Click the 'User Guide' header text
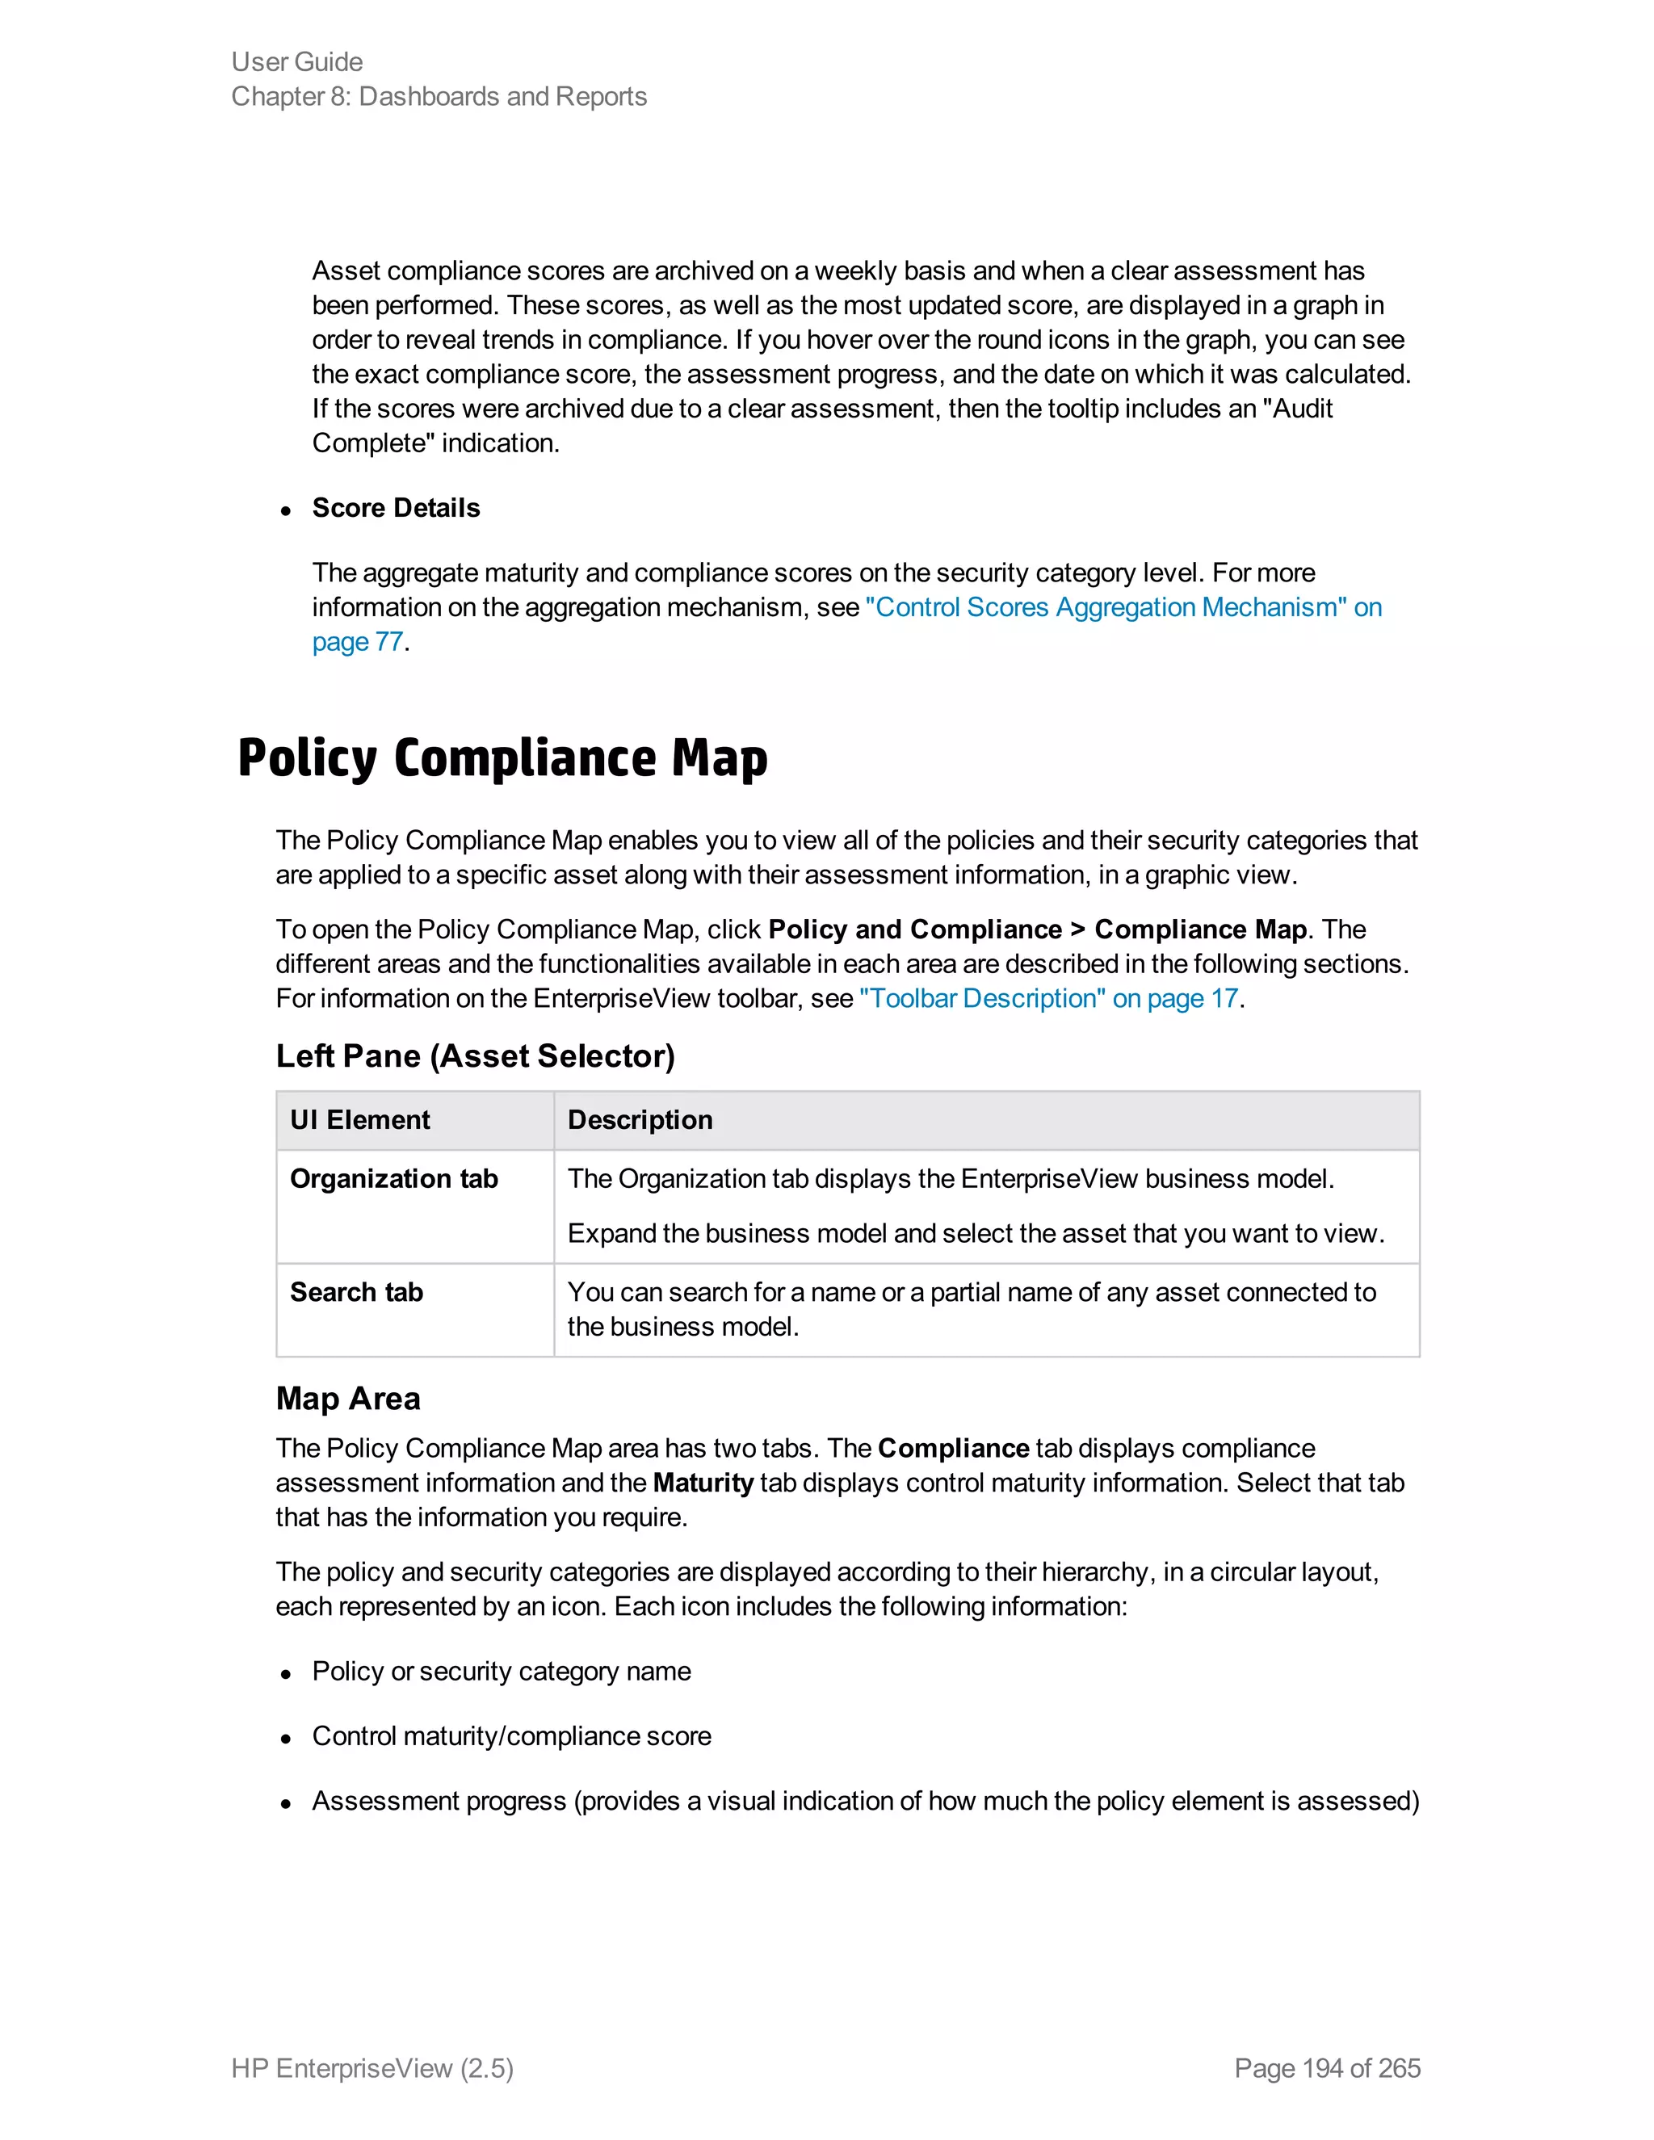pyautogui.click(x=297, y=61)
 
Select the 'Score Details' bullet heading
pyautogui.click(x=395, y=508)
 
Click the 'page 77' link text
pyautogui.click(x=357, y=642)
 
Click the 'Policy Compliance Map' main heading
pyautogui.click(x=502, y=758)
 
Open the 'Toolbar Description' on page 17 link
pyautogui.click(x=1047, y=998)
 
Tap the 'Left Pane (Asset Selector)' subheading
pyautogui.click(x=475, y=1056)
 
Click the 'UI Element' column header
pyautogui.click(x=359, y=1120)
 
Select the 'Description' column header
pyautogui.click(x=640, y=1120)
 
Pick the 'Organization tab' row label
pyautogui.click(x=394, y=1179)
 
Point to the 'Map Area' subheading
pyautogui.click(x=348, y=1398)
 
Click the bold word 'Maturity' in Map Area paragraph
pyautogui.click(x=703, y=1483)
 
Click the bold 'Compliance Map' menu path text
pyautogui.click(x=1199, y=929)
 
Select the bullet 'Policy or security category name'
pyautogui.click(x=501, y=1672)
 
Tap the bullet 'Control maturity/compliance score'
pyautogui.click(x=510, y=1736)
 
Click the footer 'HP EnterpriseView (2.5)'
pyautogui.click(x=372, y=2068)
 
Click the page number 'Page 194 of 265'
pyautogui.click(x=1327, y=2068)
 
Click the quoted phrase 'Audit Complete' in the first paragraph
pyautogui.click(x=1301, y=409)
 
